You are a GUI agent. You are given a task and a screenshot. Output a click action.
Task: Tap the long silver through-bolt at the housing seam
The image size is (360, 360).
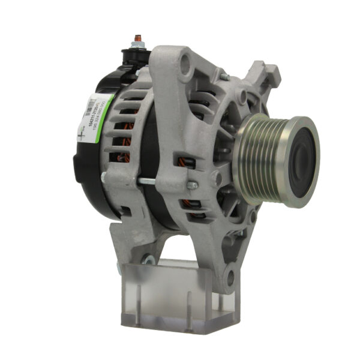coord(162,180)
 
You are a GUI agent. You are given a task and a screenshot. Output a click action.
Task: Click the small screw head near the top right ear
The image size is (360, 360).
coord(223,76)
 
